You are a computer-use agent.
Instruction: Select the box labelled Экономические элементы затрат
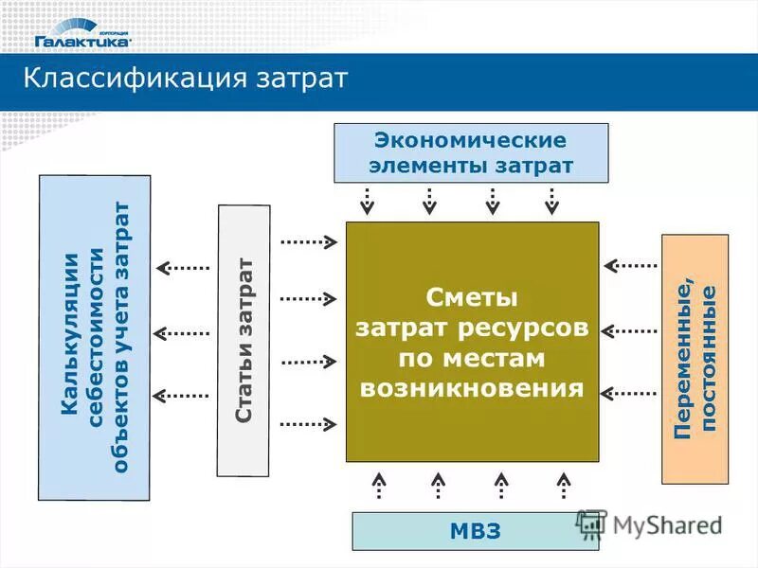471,152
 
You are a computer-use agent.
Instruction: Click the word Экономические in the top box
471,140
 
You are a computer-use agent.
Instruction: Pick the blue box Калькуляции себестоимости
94,337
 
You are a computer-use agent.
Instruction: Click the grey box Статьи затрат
244,340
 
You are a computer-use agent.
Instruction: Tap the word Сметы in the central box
472,298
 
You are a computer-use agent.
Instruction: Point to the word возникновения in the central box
472,388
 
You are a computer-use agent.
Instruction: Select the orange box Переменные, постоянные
695,359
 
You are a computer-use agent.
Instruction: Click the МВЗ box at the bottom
476,531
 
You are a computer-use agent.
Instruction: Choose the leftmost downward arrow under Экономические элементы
368,200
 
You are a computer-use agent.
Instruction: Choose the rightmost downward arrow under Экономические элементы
552,200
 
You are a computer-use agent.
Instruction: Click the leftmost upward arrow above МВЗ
378,485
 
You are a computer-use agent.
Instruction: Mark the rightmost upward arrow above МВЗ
563,485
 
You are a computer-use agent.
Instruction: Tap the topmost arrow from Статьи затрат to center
309,242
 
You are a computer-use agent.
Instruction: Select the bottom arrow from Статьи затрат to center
309,424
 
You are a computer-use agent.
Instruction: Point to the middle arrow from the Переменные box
630,331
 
